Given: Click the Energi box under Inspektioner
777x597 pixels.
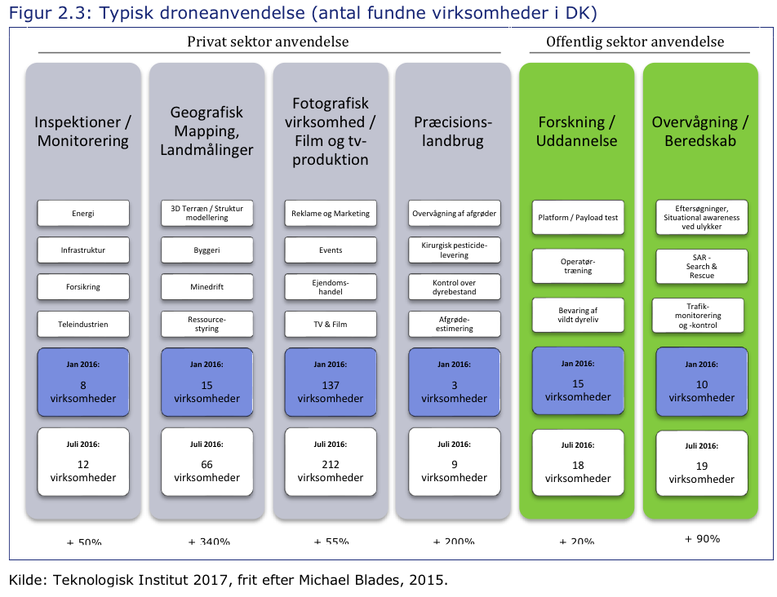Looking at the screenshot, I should click(x=83, y=214).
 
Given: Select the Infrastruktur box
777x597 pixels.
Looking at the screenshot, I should click(x=83, y=250).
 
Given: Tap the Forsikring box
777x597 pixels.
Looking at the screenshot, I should click(x=83, y=287).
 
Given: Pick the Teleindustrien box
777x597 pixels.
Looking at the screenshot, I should click(x=83, y=324).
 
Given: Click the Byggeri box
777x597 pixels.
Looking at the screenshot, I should click(x=207, y=250).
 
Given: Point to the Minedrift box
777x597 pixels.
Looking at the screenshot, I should click(x=207, y=287).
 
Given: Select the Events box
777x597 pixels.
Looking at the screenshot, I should click(x=331, y=250).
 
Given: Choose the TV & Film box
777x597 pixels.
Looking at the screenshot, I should click(x=331, y=324).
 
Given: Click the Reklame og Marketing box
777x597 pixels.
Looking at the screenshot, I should click(x=331, y=214).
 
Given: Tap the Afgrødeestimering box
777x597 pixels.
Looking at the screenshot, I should click(x=455, y=324).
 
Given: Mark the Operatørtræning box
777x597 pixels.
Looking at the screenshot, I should click(x=578, y=266).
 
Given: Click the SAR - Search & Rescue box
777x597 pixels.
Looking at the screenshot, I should click(x=702, y=266).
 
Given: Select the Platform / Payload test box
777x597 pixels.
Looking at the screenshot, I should click(x=578, y=218).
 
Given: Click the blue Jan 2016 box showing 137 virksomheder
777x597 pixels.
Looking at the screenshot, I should click(x=331, y=382).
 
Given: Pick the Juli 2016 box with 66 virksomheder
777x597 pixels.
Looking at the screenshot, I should click(x=207, y=462).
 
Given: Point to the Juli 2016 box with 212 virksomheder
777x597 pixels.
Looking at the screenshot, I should click(x=331, y=462).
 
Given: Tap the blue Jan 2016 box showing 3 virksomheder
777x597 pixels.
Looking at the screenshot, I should click(x=455, y=382).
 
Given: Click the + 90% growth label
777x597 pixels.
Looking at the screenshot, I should click(x=702, y=538).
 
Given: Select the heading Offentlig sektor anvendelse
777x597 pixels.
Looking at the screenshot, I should click(x=635, y=42).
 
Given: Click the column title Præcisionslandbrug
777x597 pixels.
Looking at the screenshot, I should click(x=455, y=132).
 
